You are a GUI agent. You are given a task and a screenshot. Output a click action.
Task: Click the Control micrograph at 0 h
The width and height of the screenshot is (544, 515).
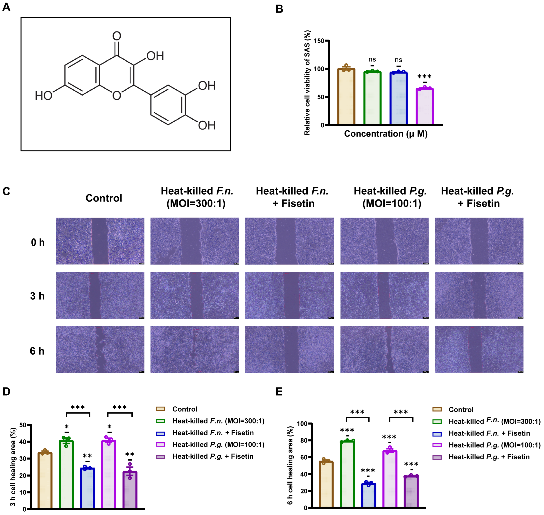pos(100,241)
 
